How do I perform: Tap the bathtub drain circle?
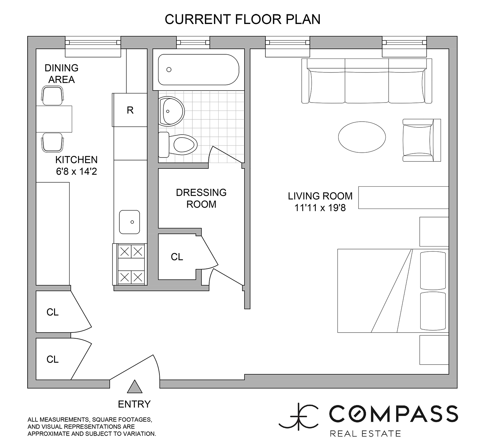coord(169,70)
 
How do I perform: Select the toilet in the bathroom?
coord(178,145)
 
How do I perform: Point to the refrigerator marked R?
coord(130,110)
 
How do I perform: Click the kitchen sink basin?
coord(129,222)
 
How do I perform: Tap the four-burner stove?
coord(130,264)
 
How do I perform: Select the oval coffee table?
coord(362,137)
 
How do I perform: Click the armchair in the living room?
coord(422,140)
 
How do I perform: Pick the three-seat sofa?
coord(367,81)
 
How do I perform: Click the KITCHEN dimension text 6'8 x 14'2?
coord(76,171)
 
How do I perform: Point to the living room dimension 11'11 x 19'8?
coord(320,208)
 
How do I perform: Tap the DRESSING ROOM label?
coord(201,198)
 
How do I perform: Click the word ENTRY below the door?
coord(134,404)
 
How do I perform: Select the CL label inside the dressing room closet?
coord(177,257)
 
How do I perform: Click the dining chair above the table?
coord(52,95)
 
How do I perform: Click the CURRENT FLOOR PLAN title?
coord(242,19)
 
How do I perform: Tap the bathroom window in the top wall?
coord(193,42)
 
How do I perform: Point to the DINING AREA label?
coord(61,73)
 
